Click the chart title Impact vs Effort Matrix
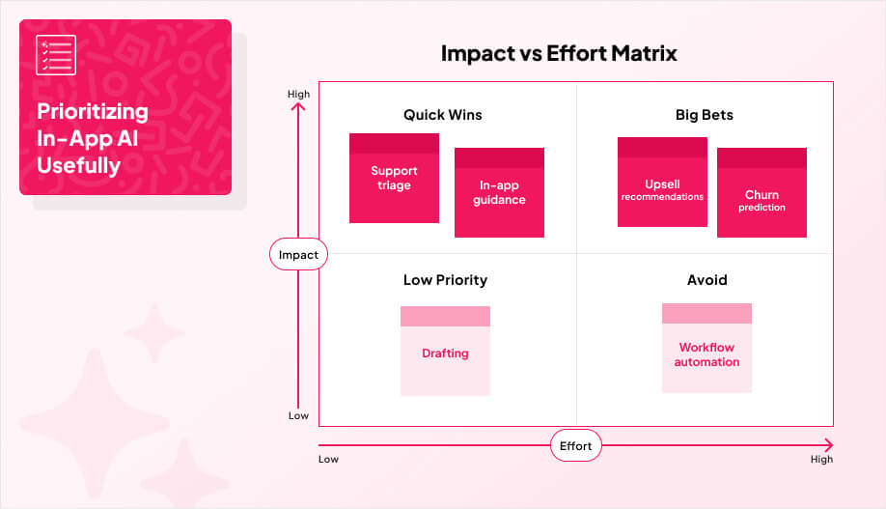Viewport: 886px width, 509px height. [559, 53]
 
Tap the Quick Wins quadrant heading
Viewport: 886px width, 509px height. [442, 115]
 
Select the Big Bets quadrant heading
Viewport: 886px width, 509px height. [704, 115]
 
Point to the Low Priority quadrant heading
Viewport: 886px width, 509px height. [445, 280]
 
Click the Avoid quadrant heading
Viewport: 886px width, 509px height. [706, 280]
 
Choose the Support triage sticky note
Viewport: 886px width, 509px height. [394, 179]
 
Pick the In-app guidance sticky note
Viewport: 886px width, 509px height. [499, 193]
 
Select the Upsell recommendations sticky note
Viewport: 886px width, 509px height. [662, 184]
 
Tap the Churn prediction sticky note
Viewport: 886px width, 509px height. [761, 194]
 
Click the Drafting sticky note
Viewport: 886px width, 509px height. [445, 352]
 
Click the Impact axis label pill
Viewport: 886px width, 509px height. [298, 255]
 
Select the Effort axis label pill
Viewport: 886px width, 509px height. [576, 446]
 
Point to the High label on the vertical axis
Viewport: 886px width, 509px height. [299, 94]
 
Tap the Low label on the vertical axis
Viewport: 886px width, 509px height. [299, 415]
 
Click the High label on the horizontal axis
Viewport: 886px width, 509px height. [821, 460]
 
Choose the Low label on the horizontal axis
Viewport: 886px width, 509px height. [329, 460]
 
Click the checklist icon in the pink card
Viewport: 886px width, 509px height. [56, 54]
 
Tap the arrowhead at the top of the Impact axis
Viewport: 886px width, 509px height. [299, 106]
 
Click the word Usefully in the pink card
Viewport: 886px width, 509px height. [78, 166]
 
